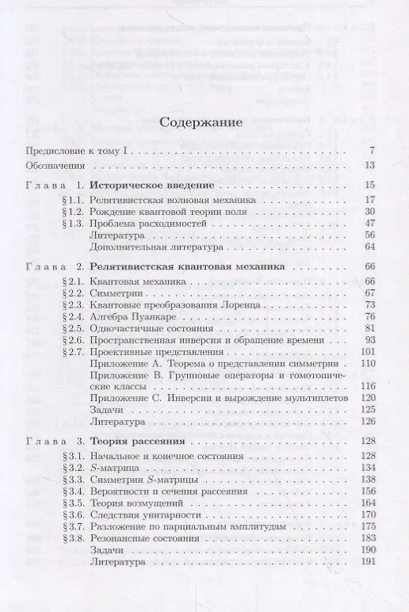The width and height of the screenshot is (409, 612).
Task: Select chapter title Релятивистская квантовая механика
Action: point(186,267)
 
